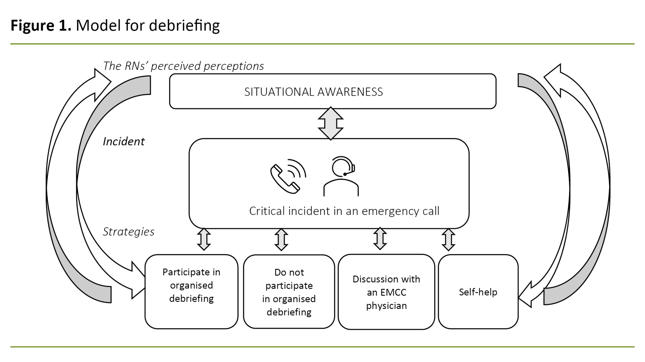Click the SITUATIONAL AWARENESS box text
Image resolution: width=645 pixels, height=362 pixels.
pyautogui.click(x=313, y=92)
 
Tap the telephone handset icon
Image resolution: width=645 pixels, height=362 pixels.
pyautogui.click(x=285, y=179)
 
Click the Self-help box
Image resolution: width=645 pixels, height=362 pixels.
pyautogui.click(x=478, y=292)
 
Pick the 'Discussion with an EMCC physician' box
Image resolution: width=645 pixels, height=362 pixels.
pyautogui.click(x=386, y=292)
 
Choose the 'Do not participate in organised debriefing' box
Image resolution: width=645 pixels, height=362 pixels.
pyautogui.click(x=289, y=292)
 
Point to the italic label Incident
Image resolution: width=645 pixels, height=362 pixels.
pyautogui.click(x=124, y=141)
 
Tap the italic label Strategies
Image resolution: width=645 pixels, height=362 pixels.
pyautogui.click(x=128, y=232)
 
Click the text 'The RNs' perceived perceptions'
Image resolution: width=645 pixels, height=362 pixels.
pyautogui.click(x=183, y=66)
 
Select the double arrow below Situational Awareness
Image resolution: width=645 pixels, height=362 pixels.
pyautogui.click(x=331, y=124)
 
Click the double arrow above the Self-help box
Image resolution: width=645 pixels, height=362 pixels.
pyautogui.click(x=448, y=239)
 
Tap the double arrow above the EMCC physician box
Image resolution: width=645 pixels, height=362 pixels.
pyautogui.click(x=380, y=239)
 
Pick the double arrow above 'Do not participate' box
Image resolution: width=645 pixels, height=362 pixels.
pyautogui.click(x=281, y=239)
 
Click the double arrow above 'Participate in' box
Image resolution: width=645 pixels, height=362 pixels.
pyautogui.click(x=204, y=239)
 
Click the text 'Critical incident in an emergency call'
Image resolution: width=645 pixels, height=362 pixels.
pyautogui.click(x=344, y=211)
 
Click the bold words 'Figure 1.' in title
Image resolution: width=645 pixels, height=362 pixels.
pyautogui.click(x=41, y=25)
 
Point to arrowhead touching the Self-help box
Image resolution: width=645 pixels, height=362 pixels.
pyautogui.click(x=526, y=295)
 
